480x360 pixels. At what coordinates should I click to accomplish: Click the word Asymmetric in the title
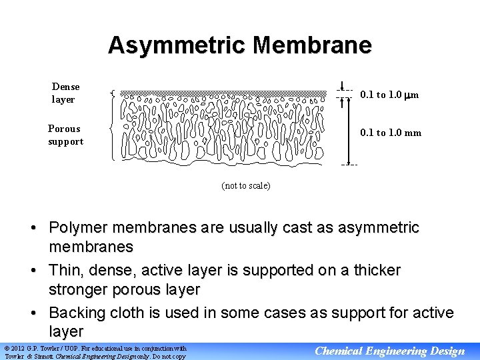(177, 45)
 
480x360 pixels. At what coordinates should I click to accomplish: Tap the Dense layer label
(65, 93)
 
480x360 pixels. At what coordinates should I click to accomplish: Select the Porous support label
(65, 135)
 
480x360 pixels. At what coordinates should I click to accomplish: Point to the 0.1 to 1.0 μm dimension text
(389, 95)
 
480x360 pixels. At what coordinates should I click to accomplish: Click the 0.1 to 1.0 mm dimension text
(391, 133)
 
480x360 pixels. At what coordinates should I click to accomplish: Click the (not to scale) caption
(246, 185)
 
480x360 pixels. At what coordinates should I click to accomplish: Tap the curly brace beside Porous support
(111, 131)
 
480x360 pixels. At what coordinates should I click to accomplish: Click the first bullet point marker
(32, 229)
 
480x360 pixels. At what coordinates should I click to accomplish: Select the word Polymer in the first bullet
(79, 228)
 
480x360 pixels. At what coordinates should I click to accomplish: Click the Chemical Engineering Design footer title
(389, 351)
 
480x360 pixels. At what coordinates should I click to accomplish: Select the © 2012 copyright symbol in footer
(7, 348)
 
